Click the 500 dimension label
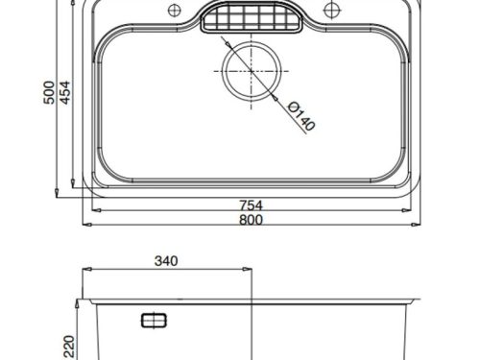49,92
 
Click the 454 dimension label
64,92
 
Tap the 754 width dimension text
252,205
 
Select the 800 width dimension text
252,220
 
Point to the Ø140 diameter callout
301,116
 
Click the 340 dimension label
166,261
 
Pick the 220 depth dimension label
69,347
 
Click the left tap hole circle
175,11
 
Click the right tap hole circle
331,11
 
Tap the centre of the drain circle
252,71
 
